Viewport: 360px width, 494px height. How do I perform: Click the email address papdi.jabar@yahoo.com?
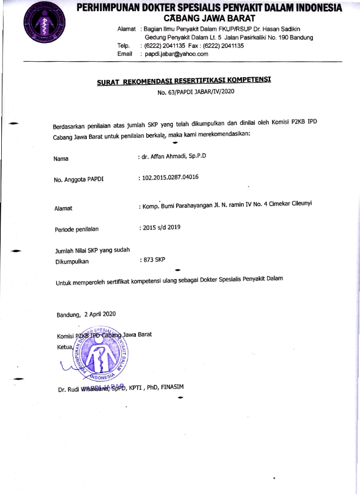(x=174, y=54)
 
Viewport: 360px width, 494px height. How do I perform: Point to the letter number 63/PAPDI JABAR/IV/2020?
(x=196, y=92)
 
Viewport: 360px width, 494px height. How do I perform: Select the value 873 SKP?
(x=153, y=259)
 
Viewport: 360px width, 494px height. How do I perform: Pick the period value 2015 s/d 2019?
(x=159, y=227)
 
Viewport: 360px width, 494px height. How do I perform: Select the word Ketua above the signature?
(x=65, y=347)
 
